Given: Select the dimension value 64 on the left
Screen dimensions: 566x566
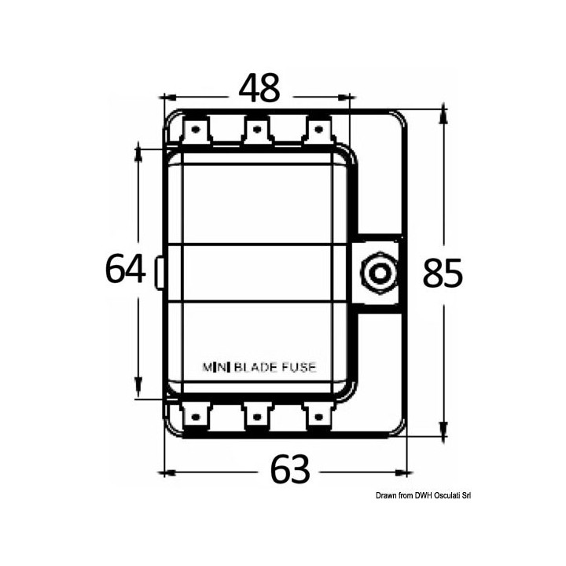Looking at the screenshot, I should coord(126,270).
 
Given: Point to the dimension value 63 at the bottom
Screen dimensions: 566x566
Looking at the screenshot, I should coord(290,471).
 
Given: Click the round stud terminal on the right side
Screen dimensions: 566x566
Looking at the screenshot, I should coord(378,274).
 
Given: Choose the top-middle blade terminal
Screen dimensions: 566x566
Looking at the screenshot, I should coord(256,129).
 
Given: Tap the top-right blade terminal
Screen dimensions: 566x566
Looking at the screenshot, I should coord(318,129).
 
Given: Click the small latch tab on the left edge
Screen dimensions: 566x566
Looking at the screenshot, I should coord(160,273).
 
